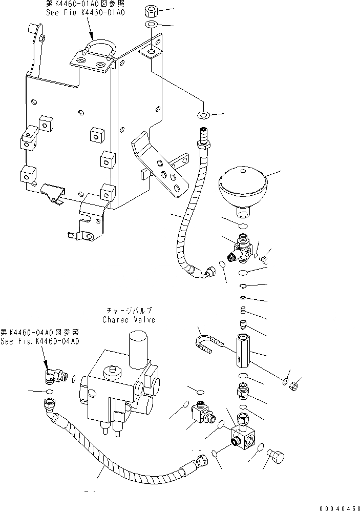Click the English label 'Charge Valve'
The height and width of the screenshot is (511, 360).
click(x=129, y=319)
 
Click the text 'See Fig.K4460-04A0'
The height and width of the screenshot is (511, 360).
click(x=39, y=341)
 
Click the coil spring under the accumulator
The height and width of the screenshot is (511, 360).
click(x=244, y=310)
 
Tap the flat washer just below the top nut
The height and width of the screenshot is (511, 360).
click(x=152, y=25)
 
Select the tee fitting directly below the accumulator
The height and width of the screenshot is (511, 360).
click(x=242, y=249)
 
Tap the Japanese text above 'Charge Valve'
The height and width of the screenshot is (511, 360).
click(x=129, y=311)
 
